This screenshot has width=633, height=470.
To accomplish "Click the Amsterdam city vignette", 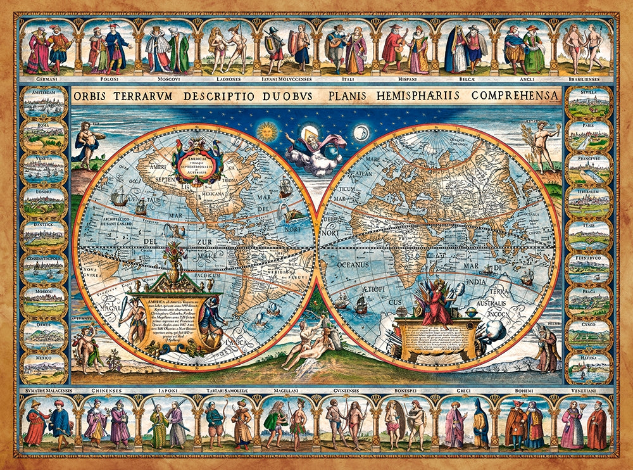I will point(44,103).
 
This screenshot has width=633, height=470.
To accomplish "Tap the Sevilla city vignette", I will point(589,103).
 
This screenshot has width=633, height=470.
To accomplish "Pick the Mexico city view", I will point(44,367).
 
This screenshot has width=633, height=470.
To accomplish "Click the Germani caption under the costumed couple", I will point(47,80).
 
